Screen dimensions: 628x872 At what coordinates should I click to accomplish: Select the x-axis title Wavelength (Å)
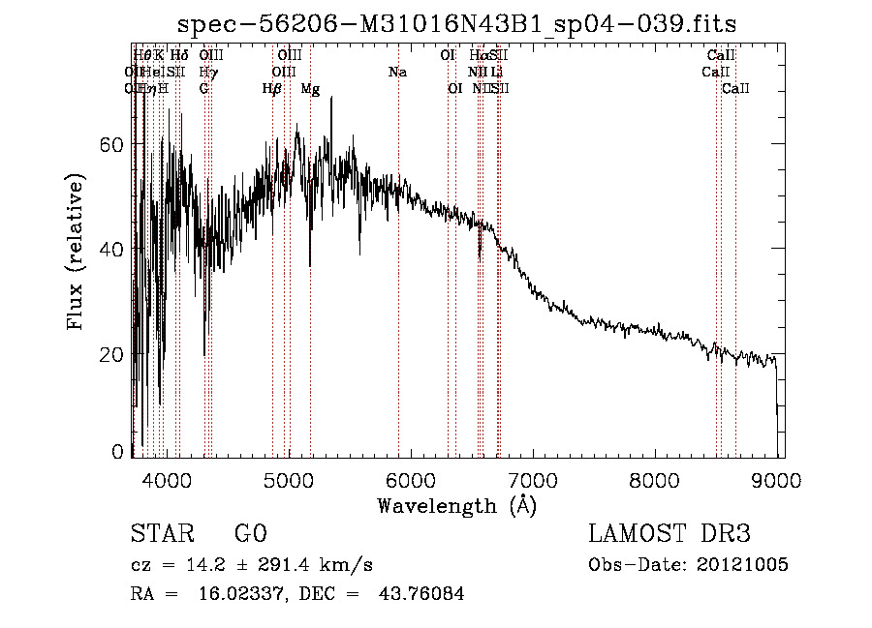coord(456,505)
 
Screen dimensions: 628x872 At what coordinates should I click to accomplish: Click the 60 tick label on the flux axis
coord(112,144)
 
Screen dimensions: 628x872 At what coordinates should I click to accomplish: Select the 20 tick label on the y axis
coord(112,354)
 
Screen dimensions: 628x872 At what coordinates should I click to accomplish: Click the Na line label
coord(397,73)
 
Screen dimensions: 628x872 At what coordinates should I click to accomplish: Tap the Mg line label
coord(310,89)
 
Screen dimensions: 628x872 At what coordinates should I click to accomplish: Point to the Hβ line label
coord(272,89)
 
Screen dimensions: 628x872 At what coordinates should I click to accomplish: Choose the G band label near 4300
coord(204,89)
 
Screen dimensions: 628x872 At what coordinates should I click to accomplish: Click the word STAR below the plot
coord(157,534)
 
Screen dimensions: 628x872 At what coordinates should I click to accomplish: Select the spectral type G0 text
coord(250,534)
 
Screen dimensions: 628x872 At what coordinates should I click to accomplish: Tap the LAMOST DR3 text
coord(670,534)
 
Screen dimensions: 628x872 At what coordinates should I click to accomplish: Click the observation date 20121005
coord(741,565)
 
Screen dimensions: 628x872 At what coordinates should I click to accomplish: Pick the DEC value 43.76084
coord(420,594)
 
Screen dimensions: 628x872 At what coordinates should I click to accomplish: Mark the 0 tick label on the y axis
coord(118,451)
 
